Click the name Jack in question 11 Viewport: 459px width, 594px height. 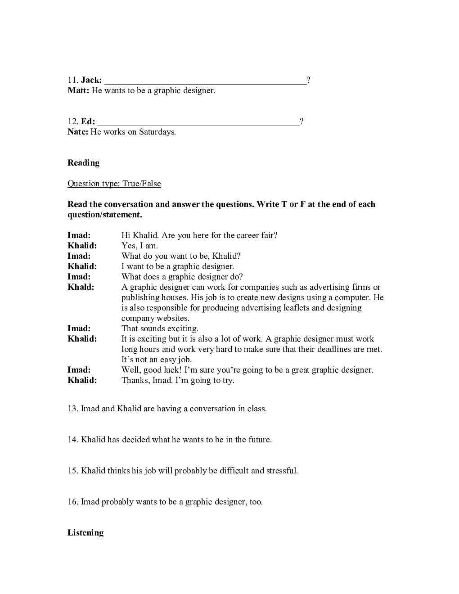91,80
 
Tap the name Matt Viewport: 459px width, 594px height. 78,90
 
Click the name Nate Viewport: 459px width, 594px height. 77,132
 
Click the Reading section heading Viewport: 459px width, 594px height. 83,163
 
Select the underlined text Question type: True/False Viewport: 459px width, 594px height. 114,184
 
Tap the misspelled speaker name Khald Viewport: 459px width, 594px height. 81,287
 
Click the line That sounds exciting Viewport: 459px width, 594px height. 160,328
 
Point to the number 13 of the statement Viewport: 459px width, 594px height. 72,409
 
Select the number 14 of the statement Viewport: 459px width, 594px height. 72,440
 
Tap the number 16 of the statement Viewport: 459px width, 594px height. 72,502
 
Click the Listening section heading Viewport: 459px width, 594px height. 85,533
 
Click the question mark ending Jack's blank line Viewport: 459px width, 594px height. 308,80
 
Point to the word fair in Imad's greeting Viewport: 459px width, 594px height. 269,235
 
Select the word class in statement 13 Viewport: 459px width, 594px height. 256,409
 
